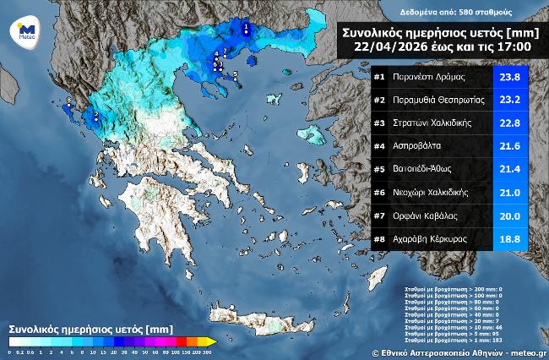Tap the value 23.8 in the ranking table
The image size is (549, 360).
(510, 78)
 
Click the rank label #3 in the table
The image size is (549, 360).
(379, 123)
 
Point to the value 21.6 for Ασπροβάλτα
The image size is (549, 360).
(510, 146)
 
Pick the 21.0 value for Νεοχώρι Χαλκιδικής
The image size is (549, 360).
(510, 192)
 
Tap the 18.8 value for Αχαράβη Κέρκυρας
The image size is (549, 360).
(510, 238)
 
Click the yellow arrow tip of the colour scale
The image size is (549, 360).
(213, 341)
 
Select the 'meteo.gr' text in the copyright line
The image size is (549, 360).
(527, 352)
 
